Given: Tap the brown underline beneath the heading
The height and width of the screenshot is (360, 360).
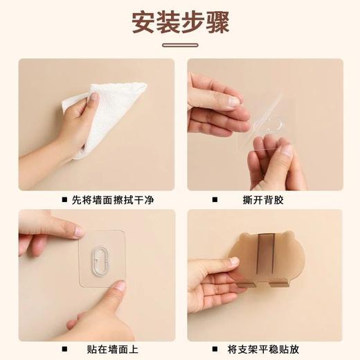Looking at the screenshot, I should pyautogui.click(x=180, y=46).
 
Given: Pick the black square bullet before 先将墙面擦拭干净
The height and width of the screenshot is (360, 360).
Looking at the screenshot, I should pyautogui.click(x=64, y=200).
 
